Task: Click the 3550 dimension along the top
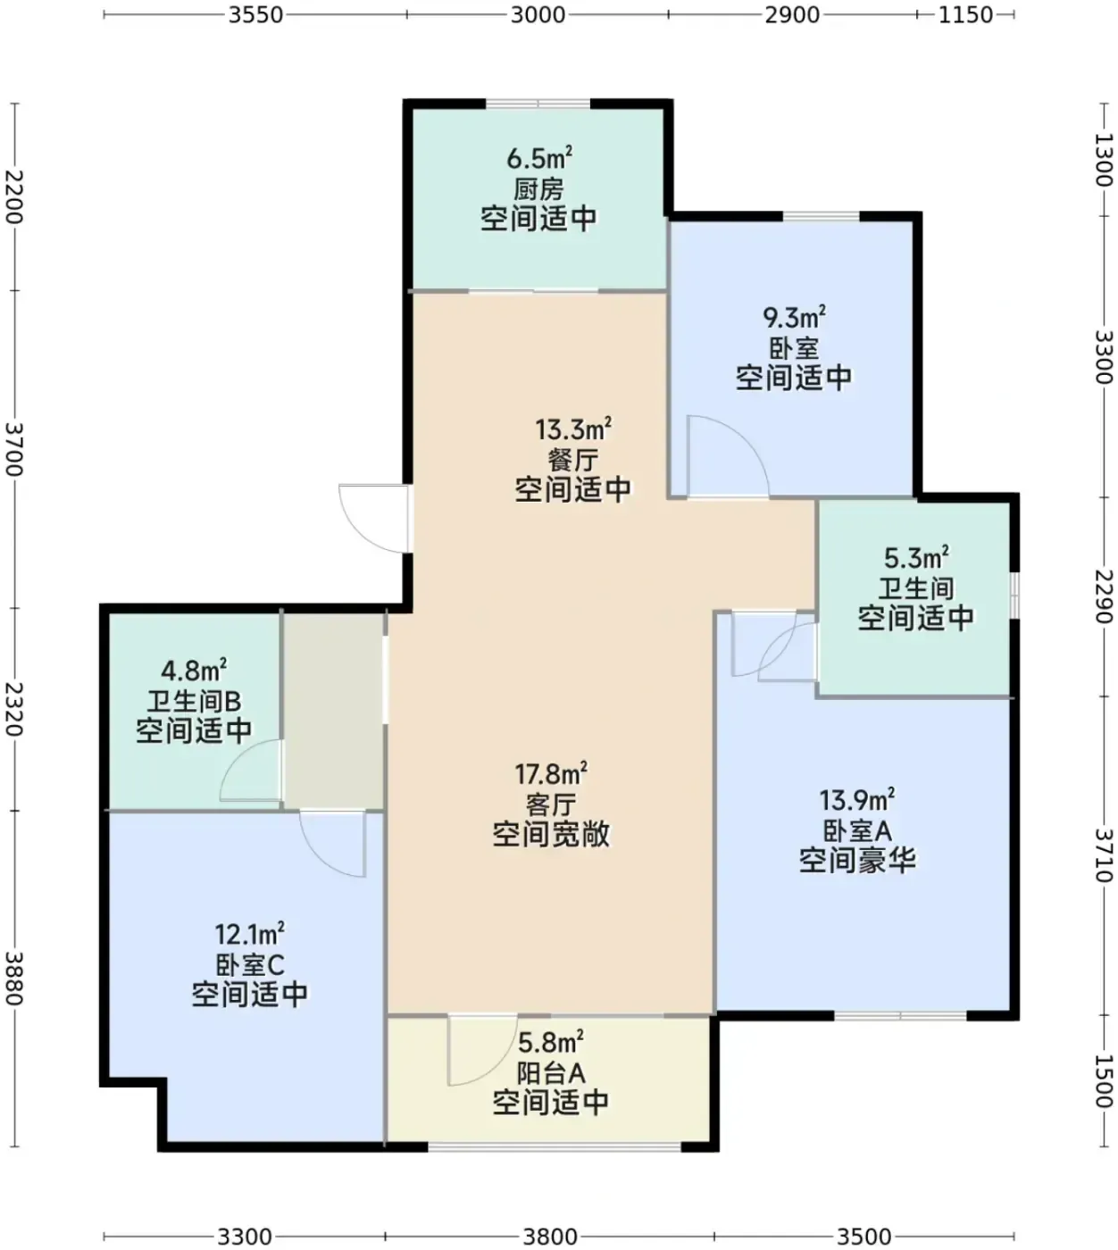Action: pos(255,15)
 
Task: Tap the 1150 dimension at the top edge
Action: pos(965,15)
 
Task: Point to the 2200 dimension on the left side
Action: pos(13,196)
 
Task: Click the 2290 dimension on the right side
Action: pos(1104,596)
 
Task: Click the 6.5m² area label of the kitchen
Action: pos(539,158)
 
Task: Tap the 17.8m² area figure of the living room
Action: pos(551,773)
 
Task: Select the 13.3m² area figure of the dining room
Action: pos(573,429)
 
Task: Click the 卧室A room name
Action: pos(857,831)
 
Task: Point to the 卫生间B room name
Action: pos(194,701)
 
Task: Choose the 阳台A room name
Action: pos(551,1073)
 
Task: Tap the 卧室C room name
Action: pos(250,964)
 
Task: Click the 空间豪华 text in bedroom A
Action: pos(857,861)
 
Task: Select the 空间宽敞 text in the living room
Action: pos(551,834)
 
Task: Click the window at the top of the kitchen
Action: pos(538,104)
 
